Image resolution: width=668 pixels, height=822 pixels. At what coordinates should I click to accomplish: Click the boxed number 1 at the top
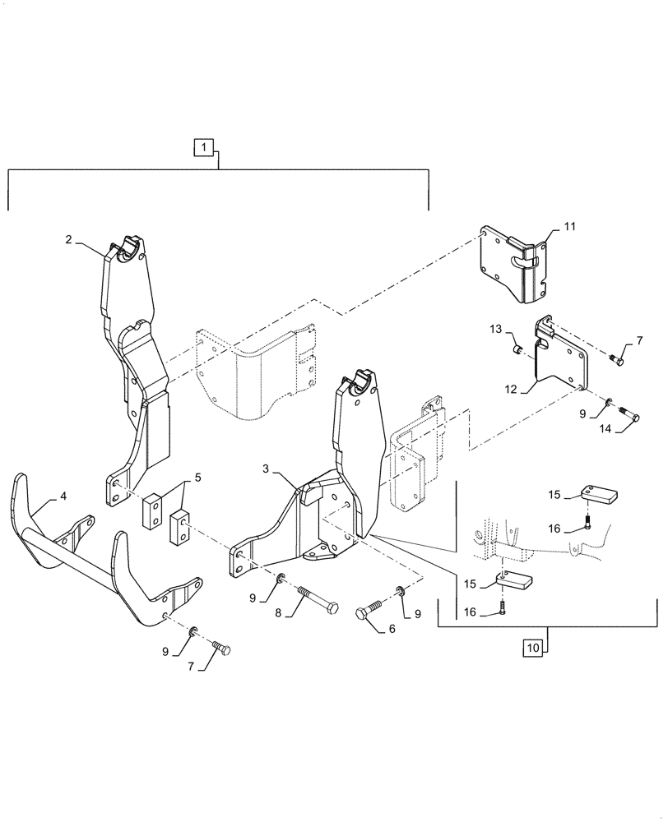click(x=205, y=149)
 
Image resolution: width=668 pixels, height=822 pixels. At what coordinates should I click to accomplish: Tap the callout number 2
click(x=70, y=239)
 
